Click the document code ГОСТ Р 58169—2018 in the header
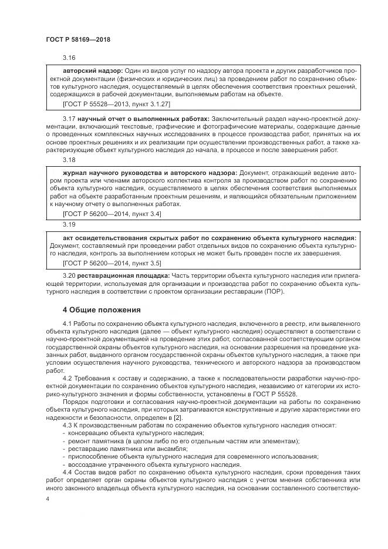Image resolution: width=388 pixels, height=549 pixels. (77, 39)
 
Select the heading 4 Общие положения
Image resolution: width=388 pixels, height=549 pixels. (102, 309)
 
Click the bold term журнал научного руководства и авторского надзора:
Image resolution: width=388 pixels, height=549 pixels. (150, 173)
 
